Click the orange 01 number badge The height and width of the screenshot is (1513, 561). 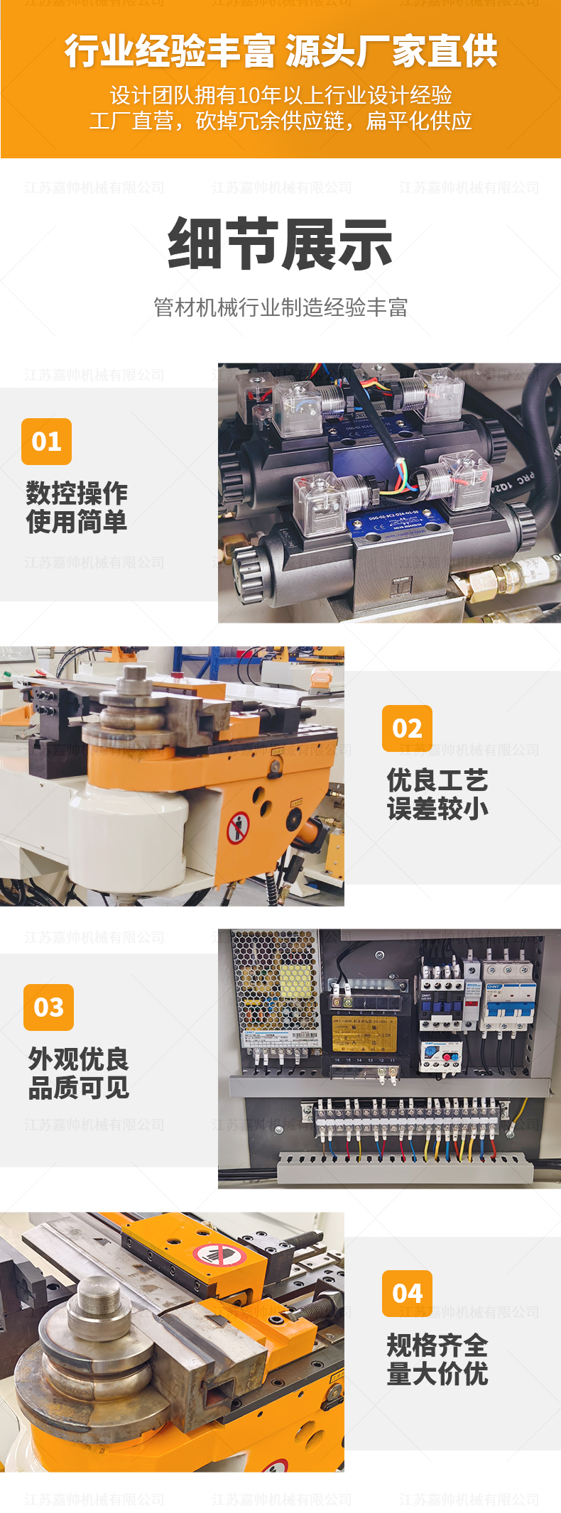click(x=46, y=442)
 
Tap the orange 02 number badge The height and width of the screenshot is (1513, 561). click(x=407, y=728)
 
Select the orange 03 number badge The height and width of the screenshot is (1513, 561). click(x=48, y=1007)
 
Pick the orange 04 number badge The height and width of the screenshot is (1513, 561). click(x=407, y=1294)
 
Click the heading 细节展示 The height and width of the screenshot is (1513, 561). click(x=280, y=244)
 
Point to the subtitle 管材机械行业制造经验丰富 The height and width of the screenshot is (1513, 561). click(x=280, y=307)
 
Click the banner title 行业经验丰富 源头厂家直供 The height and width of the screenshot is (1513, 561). click(x=280, y=51)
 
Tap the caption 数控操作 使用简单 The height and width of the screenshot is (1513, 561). click(x=77, y=508)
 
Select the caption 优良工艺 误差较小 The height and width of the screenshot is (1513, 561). click(x=437, y=794)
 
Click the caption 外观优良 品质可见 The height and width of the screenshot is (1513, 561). click(x=79, y=1074)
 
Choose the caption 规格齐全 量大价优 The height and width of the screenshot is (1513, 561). click(x=437, y=1360)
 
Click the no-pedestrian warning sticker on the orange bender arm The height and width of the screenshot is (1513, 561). click(x=238, y=828)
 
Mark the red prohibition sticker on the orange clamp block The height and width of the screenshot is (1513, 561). click(x=219, y=1256)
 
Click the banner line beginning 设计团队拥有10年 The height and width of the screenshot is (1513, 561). click(x=280, y=95)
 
